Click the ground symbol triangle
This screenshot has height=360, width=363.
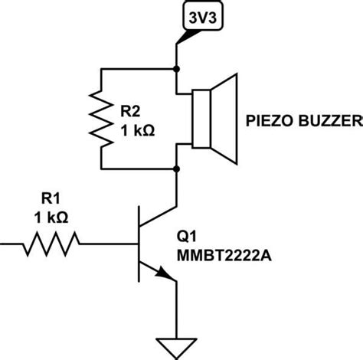pos(177,345)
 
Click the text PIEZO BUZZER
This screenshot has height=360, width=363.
pos(303,122)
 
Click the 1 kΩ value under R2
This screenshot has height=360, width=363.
pos(138,130)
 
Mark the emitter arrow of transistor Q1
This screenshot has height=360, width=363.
pos(163,273)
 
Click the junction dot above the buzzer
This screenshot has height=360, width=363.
pos(177,68)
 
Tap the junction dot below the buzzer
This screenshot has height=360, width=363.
pos(177,167)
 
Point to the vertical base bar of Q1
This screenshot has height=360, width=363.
pos(138,244)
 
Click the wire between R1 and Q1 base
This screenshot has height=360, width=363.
pos(108,244)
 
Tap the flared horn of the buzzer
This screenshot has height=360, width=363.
pos(227,117)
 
